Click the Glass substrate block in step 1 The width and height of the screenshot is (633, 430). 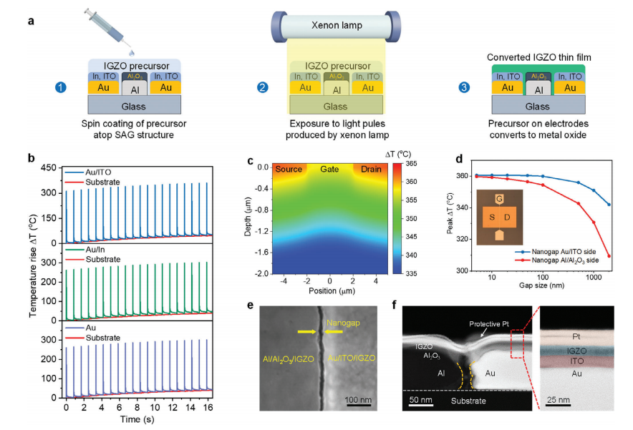[132, 106]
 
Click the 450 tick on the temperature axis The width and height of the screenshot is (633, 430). [50, 168]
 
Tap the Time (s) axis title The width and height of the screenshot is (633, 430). [137, 419]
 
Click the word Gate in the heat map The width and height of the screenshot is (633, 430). [330, 169]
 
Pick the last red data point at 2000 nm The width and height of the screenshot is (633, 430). [609, 256]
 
